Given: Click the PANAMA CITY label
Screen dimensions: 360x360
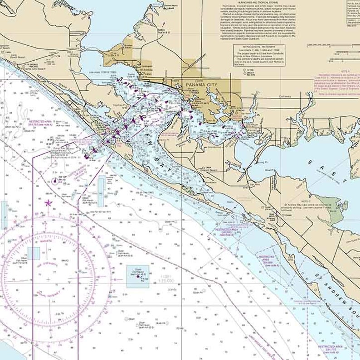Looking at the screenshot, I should [x=202, y=84].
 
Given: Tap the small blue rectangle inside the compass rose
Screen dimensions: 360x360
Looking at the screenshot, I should [x=33, y=253].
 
